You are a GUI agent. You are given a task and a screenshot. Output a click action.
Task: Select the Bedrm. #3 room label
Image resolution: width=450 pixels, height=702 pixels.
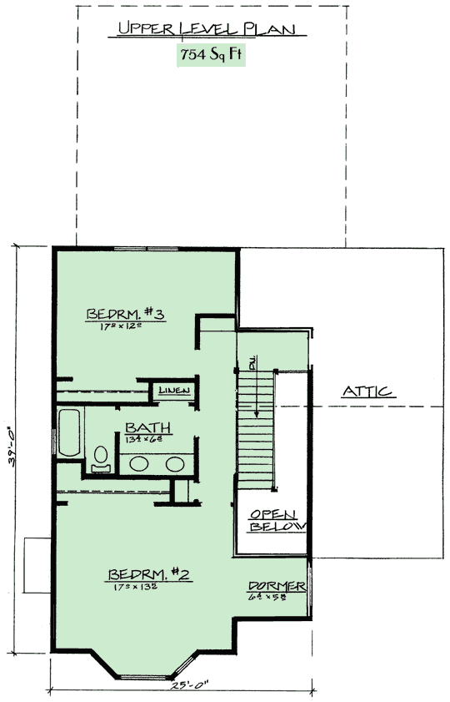(x=128, y=314)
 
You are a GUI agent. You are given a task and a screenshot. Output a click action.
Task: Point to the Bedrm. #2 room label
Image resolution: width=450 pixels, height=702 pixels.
(x=150, y=574)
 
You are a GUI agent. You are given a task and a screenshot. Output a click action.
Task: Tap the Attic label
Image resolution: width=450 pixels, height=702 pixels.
(x=367, y=392)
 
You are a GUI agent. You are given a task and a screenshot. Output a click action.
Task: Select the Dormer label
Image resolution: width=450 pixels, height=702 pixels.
(x=277, y=587)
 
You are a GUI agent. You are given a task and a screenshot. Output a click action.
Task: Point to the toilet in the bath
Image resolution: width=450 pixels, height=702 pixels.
(x=102, y=458)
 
